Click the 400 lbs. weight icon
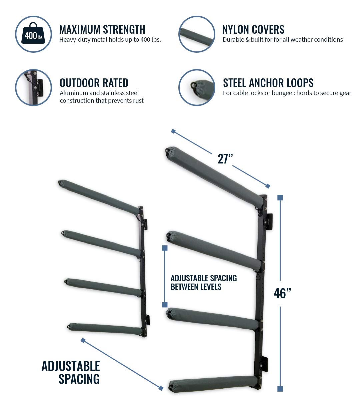tap(33, 34)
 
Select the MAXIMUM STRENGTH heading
tap(102, 29)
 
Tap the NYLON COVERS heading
tap(253, 29)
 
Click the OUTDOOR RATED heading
tap(94, 83)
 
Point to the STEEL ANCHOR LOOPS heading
tap(268, 83)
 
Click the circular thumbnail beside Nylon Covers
tap(197, 34)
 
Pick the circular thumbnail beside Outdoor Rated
tap(33, 87)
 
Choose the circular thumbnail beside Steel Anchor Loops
tap(197, 87)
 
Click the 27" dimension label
tap(225, 159)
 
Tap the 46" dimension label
tap(282, 293)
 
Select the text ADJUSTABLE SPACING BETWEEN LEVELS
tap(203, 282)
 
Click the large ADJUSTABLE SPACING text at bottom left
tap(71, 372)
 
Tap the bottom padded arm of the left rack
tap(105, 329)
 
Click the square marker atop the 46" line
tap(280, 197)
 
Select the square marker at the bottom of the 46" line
tap(280, 389)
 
